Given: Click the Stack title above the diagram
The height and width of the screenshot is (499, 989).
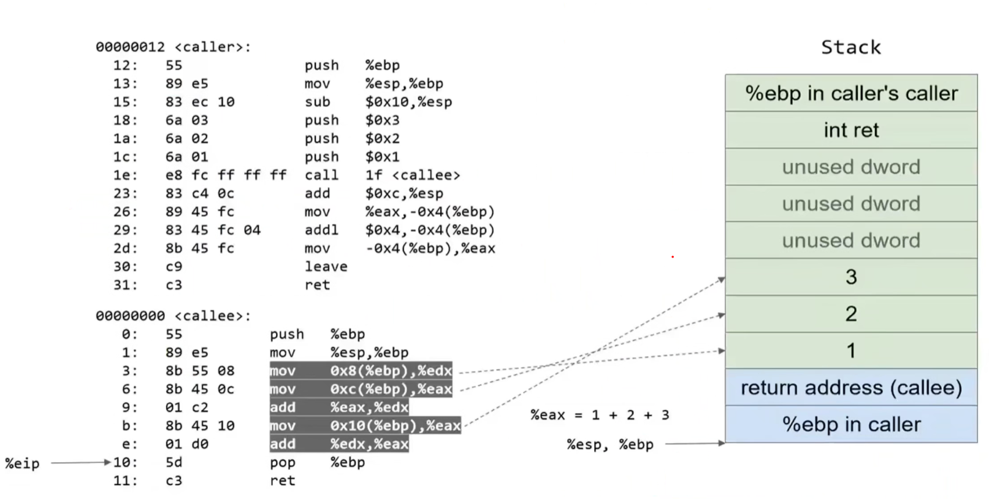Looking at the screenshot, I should (850, 47).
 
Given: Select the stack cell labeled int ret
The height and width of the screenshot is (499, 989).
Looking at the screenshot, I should (851, 130).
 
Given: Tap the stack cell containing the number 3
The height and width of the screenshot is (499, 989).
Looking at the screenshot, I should (851, 277).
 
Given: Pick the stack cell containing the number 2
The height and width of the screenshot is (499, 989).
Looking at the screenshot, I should (851, 314).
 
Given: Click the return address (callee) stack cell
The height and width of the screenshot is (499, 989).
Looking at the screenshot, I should (851, 387).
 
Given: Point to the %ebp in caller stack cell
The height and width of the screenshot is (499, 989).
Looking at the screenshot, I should (851, 424).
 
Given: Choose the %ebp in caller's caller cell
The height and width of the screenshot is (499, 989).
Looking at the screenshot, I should (851, 93).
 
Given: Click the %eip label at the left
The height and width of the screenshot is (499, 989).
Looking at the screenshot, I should (22, 463).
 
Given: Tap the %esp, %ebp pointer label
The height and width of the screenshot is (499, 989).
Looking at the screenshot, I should (609, 444).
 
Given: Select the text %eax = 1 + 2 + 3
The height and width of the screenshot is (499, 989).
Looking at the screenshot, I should (600, 415).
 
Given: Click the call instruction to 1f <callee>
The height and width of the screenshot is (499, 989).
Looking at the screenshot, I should (382, 175).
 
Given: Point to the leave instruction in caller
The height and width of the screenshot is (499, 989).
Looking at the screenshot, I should (326, 266).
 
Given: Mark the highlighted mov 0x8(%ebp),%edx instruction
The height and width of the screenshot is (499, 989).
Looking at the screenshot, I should (361, 371).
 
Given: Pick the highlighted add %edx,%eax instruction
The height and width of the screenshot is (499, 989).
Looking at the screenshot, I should (339, 444).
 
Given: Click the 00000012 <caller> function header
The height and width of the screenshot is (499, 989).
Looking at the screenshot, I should (173, 47).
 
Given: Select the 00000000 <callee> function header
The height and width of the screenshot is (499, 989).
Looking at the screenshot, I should (173, 316).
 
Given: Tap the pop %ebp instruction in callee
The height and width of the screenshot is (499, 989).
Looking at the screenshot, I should (317, 462).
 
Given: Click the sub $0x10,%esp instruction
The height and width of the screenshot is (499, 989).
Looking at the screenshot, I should (378, 102).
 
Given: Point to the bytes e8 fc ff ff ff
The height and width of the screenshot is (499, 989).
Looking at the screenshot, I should (226, 175).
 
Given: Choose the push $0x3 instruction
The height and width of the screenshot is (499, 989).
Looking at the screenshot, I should (352, 120).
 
